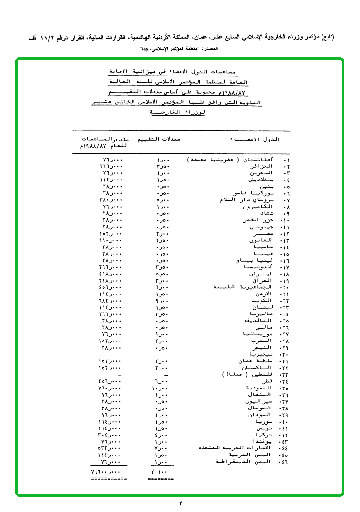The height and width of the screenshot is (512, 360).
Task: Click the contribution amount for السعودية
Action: [x=110, y=388]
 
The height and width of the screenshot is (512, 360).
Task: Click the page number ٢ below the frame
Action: [x=180, y=503]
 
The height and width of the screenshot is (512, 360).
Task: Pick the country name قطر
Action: [x=267, y=381]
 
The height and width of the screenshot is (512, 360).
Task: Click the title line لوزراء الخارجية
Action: [x=179, y=113]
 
